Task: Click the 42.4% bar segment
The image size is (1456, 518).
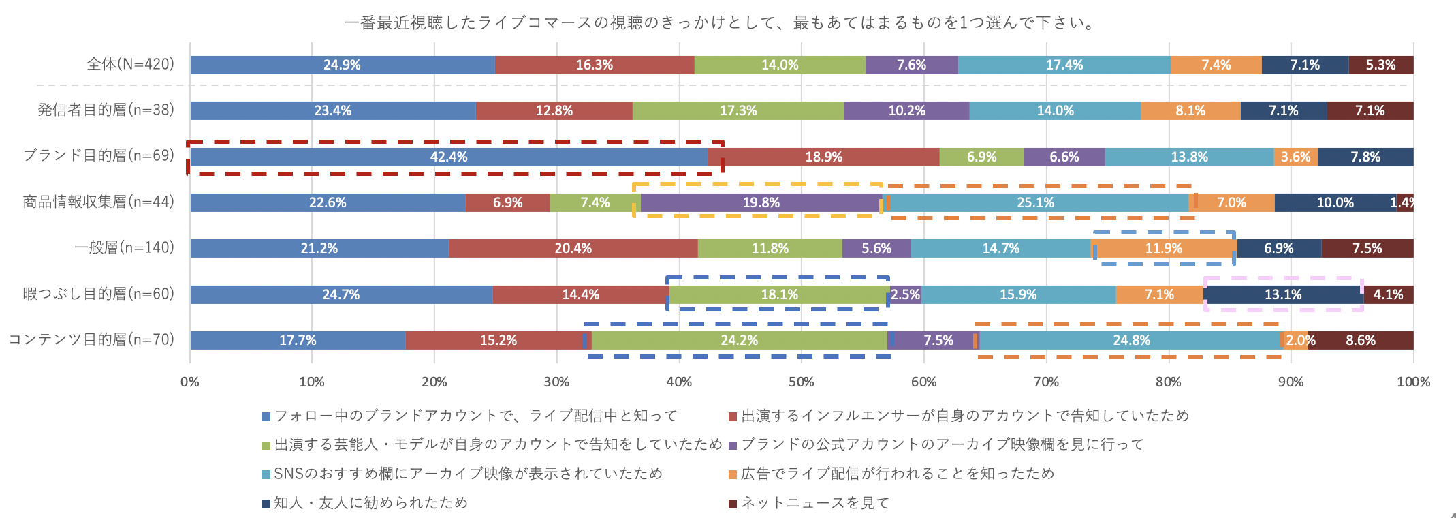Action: coord(449,157)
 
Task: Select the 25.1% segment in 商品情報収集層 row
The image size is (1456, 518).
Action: coord(1035,202)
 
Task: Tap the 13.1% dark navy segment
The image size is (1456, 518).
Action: coord(1283,294)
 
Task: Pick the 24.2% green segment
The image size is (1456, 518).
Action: coord(739,340)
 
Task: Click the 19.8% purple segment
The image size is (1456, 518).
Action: coord(761,202)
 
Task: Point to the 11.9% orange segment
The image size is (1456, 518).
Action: coord(1163,248)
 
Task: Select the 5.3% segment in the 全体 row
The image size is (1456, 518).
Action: coord(1380,65)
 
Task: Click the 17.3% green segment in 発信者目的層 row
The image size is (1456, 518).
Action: coord(738,110)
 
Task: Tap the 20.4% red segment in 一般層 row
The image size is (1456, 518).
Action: coord(573,248)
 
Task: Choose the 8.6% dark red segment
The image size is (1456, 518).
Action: coord(1360,340)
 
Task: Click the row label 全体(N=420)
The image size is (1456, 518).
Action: coord(130,64)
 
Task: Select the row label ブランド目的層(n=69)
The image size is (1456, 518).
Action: coord(99,155)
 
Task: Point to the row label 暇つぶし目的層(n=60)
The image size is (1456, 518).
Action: coord(99,294)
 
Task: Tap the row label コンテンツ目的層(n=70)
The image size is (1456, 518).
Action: coord(91,339)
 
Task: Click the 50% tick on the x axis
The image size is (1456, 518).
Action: coord(801,382)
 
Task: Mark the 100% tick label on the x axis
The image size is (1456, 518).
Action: coord(1413,382)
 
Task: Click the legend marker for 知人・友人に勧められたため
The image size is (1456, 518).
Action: coord(266,504)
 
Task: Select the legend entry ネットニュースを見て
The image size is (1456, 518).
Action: coord(814,503)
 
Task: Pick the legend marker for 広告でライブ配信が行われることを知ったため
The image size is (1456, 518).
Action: coord(733,474)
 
